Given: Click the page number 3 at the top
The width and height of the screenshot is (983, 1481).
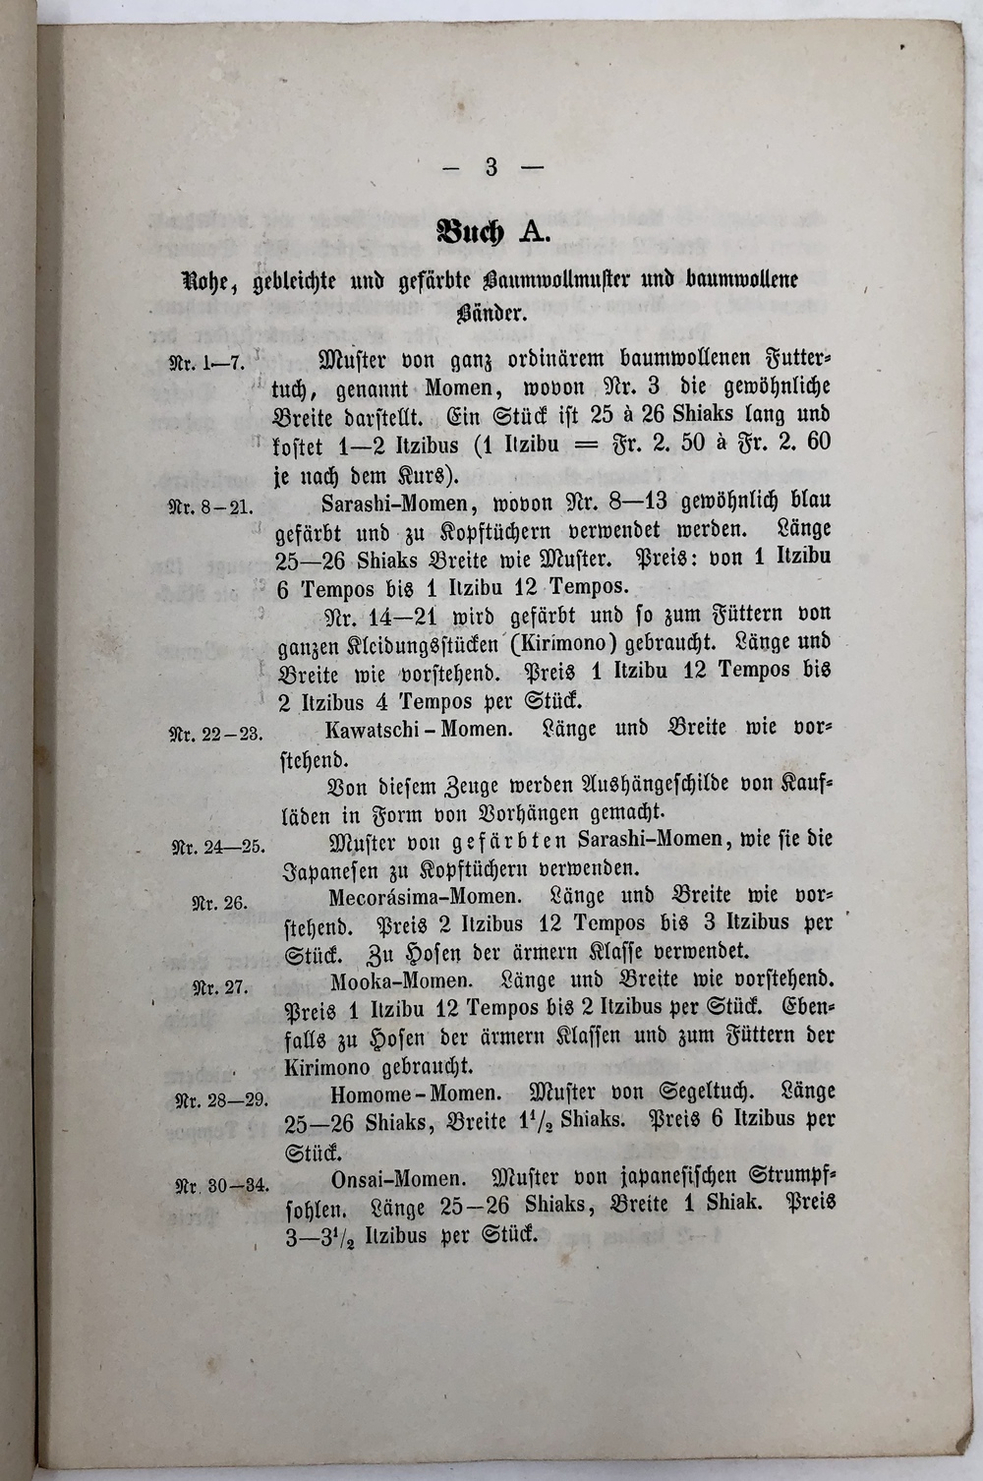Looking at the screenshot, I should point(491,167).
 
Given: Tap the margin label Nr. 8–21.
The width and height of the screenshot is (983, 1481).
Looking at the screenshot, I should point(212,508).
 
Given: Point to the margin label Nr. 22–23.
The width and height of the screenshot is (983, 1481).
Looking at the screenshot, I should point(216,734).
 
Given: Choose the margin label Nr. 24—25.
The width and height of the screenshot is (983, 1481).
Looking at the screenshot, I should point(217,847).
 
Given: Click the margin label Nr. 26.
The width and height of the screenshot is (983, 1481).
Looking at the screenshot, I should point(219,903).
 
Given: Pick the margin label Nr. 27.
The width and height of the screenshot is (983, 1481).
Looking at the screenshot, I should point(219,988).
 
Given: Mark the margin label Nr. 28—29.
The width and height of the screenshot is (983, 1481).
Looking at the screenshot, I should point(220,1100).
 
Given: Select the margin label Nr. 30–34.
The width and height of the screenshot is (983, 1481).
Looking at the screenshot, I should point(221,1185).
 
